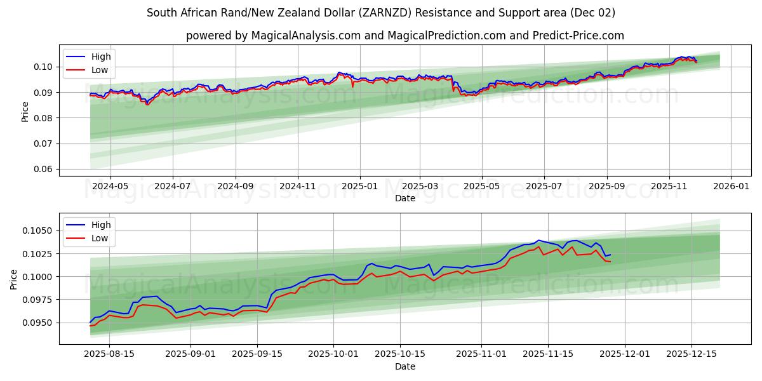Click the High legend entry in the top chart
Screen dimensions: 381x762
coord(100,57)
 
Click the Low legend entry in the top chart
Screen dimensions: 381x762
coord(99,70)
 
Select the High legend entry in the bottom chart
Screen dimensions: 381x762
coord(100,225)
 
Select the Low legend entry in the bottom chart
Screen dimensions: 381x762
coord(99,238)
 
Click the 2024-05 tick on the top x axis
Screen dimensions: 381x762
coord(110,186)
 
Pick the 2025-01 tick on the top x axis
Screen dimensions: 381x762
coord(360,186)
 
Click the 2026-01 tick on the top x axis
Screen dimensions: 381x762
coord(731,186)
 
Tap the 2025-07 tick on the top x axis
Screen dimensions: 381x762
coord(544,186)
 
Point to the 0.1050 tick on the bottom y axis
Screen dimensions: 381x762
coord(40,231)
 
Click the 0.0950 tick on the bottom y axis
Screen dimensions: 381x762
coord(40,323)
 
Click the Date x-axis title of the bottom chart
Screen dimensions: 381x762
coord(405,366)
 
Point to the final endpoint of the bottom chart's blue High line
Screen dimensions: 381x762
coord(610,255)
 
